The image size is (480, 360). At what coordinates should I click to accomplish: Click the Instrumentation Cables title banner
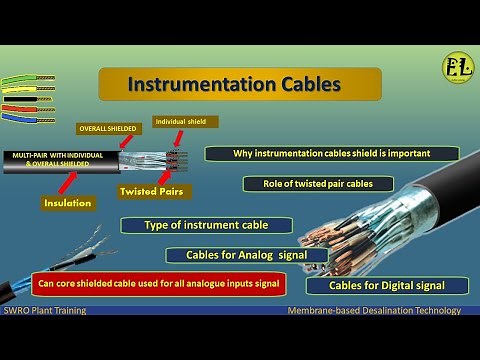pos(239,84)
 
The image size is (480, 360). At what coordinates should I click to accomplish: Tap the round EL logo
pos(458,68)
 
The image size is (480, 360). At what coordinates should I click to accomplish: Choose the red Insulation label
pos(68,203)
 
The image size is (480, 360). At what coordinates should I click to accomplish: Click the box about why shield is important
pos(331,154)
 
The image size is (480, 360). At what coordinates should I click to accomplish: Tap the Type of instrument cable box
pos(192,225)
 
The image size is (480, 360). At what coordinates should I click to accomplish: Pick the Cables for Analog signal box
pos(248,255)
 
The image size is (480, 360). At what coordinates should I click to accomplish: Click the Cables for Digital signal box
pos(399,286)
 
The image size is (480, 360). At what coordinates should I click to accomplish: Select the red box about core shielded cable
pos(158,283)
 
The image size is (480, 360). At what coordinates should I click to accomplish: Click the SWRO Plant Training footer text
pos(44,311)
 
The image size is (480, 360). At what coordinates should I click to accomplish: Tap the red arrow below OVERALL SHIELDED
pos(122,144)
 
